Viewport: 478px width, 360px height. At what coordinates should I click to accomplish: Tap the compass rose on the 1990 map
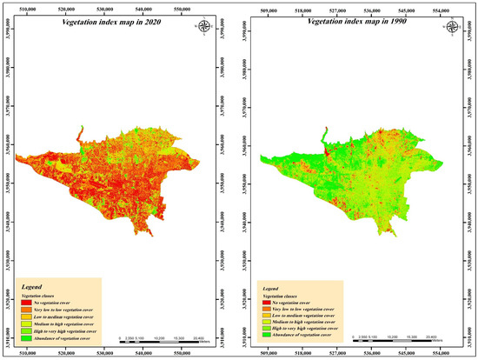(x=443, y=25)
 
